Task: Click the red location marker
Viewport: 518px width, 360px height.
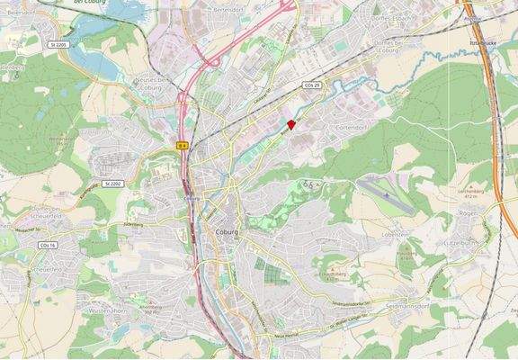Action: [290, 126]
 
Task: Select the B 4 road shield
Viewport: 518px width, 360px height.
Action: [182, 144]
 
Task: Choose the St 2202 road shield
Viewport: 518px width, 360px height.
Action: [112, 183]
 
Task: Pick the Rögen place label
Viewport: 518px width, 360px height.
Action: [469, 213]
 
